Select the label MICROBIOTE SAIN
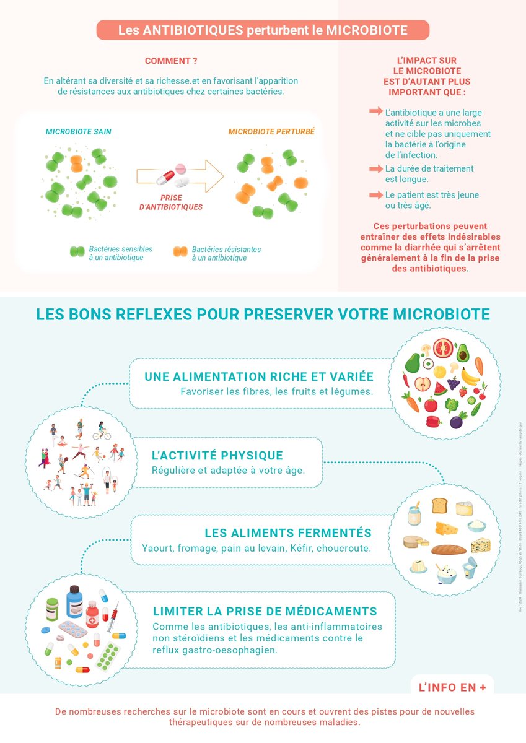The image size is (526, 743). pyautogui.click(x=79, y=132)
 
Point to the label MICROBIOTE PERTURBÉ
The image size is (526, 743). pyautogui.click(x=271, y=132)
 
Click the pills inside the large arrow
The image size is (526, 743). pyautogui.click(x=174, y=175)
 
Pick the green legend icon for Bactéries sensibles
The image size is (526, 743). pyautogui.click(x=77, y=251)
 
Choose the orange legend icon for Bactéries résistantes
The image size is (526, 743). pyautogui.click(x=180, y=251)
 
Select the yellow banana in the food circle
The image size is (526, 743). pyautogui.click(x=470, y=375)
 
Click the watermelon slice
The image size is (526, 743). pyautogui.click(x=439, y=388)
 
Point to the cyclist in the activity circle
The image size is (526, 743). pyautogui.click(x=102, y=429)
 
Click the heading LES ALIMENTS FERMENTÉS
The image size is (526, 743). pyautogui.click(x=288, y=533)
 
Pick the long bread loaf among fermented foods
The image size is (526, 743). pyautogui.click(x=448, y=549)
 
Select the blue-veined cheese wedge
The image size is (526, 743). pyautogui.click(x=480, y=545)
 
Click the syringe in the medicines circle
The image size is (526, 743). pyautogui.click(x=113, y=619)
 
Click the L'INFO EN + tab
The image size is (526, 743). pyautogui.click(x=452, y=687)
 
